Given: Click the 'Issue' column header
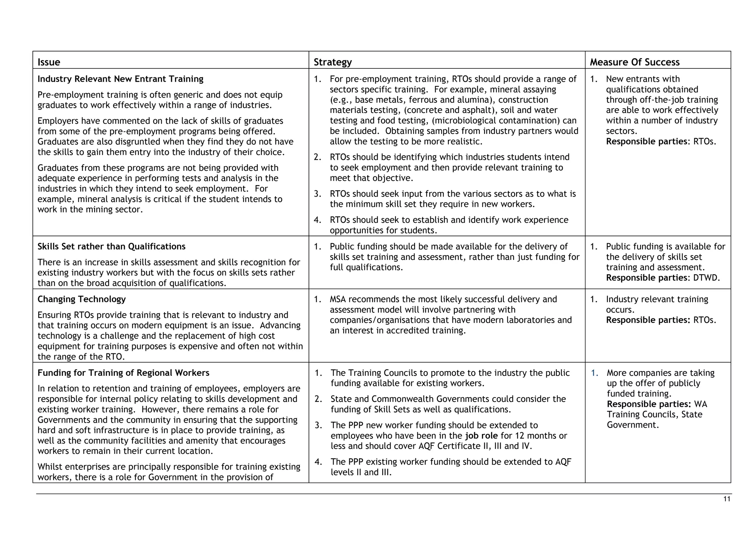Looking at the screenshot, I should (x=49, y=62).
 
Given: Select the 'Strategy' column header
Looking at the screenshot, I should (x=332, y=62).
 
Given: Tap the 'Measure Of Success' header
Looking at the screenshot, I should (x=634, y=62).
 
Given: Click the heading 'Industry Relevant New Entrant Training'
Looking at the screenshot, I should (x=120, y=79).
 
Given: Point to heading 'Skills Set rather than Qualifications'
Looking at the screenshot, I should (x=111, y=246).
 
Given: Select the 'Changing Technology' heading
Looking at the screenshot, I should (x=81, y=299).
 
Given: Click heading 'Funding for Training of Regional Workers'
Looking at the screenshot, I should (x=123, y=373).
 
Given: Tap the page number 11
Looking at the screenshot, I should (x=726, y=499).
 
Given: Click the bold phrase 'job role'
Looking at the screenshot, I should (x=481, y=435).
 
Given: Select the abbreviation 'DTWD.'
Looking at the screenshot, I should (x=706, y=278).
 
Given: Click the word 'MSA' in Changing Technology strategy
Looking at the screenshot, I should (x=338, y=299).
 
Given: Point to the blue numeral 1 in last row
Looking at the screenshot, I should (x=594, y=373).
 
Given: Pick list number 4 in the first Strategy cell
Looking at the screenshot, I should (x=317, y=220).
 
